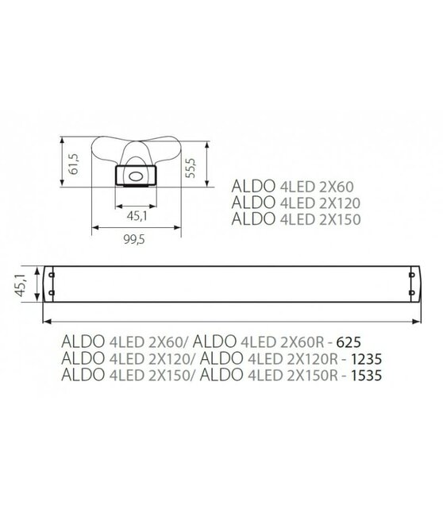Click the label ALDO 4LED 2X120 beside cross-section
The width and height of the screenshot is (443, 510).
click(287, 203)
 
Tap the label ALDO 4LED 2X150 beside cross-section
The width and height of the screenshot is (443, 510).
click(287, 218)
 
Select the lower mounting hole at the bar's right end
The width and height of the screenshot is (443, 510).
click(410, 294)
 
